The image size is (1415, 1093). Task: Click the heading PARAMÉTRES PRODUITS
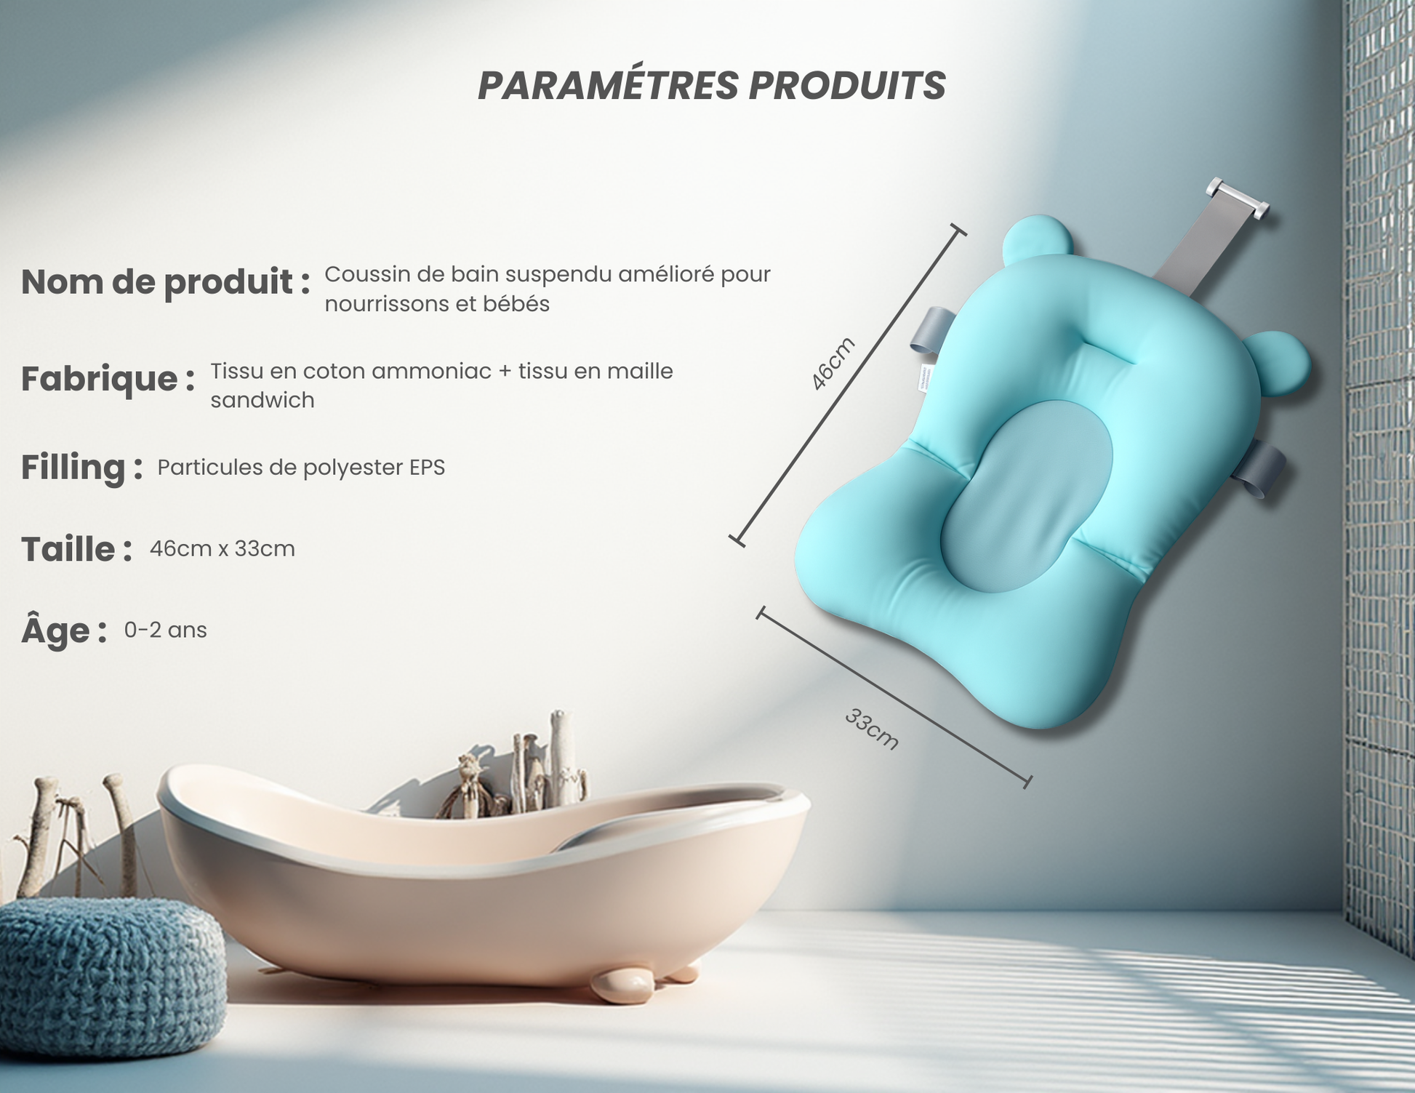pyautogui.click(x=711, y=86)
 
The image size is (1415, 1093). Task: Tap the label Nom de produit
pyautogui.click(x=166, y=282)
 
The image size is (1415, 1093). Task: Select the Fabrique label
pyautogui.click(x=108, y=379)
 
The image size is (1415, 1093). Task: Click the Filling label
pyautogui.click(x=81, y=468)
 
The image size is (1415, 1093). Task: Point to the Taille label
pyautogui.click(x=76, y=549)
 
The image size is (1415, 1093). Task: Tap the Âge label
pyautogui.click(x=64, y=630)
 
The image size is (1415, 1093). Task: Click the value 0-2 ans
pyautogui.click(x=166, y=630)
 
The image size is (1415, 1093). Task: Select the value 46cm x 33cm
pyautogui.click(x=223, y=548)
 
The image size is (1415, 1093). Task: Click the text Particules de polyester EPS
pyautogui.click(x=301, y=467)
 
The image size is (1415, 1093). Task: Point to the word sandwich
pyautogui.click(x=262, y=400)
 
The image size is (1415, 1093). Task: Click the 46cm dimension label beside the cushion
pyautogui.click(x=833, y=364)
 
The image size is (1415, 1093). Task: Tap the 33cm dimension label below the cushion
pyautogui.click(x=872, y=729)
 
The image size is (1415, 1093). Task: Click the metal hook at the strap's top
pyautogui.click(x=1238, y=199)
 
